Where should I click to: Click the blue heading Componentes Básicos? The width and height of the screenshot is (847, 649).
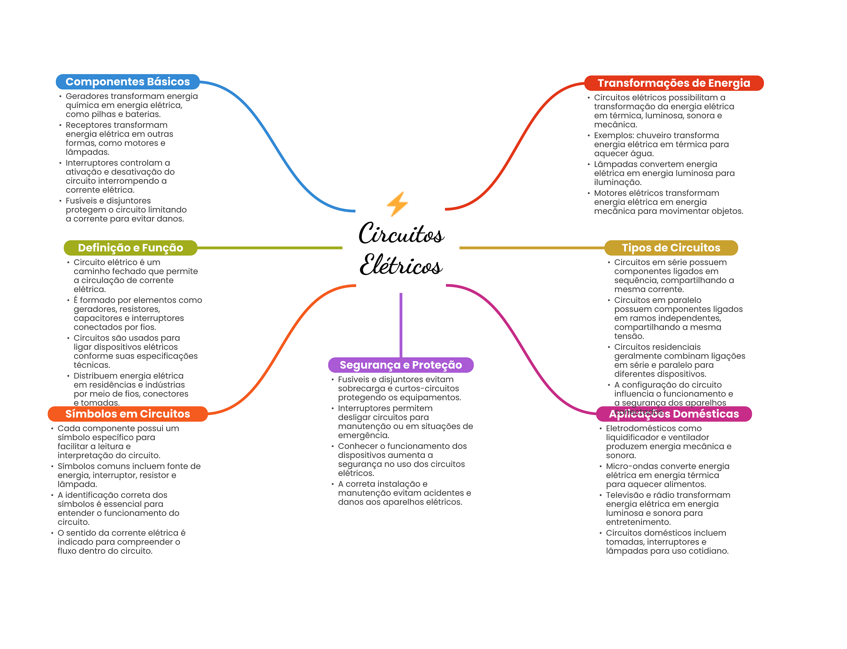(x=127, y=82)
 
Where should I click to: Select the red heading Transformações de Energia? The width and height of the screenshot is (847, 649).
(x=673, y=83)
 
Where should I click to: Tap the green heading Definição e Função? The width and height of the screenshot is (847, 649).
(x=130, y=248)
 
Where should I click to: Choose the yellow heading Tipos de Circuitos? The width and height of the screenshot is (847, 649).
(x=671, y=248)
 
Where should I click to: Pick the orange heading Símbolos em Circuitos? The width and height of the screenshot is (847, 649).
(x=127, y=414)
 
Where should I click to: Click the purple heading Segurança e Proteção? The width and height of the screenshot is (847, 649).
(x=400, y=365)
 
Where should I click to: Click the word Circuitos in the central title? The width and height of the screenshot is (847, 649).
(x=401, y=234)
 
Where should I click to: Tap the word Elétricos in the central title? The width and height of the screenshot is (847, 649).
(x=401, y=265)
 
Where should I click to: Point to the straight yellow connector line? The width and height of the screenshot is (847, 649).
(x=531, y=248)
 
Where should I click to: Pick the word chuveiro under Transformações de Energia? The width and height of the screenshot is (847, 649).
(x=656, y=136)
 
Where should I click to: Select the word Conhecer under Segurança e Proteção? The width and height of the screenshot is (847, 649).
(x=357, y=446)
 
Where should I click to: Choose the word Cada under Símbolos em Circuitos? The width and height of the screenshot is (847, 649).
(x=67, y=429)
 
